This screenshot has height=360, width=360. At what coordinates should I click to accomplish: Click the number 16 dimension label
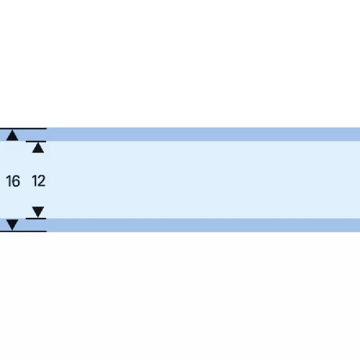(13, 181)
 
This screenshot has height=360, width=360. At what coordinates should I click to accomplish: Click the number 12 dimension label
(39, 181)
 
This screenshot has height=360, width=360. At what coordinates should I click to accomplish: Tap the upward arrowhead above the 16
(13, 135)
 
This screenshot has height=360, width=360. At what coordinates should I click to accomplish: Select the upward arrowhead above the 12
(38, 148)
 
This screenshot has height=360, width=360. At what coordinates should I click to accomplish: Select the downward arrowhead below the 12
(38, 212)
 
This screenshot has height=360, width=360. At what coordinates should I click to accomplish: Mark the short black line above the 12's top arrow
(36, 141)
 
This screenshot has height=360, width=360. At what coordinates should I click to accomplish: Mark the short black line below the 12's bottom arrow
(36, 219)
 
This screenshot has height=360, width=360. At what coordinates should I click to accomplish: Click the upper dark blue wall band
(202, 134)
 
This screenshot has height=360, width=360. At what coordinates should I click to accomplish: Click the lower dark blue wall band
(202, 225)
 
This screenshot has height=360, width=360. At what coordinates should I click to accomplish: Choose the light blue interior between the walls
(202, 180)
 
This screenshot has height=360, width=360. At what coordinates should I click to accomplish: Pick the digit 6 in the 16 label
(16, 181)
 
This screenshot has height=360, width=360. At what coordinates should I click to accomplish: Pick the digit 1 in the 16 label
(9, 181)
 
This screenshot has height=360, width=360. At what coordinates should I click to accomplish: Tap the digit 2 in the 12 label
(42, 181)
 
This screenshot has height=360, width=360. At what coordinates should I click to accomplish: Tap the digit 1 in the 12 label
(34, 181)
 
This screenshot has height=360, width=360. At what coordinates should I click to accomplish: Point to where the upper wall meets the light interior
(202, 141)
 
